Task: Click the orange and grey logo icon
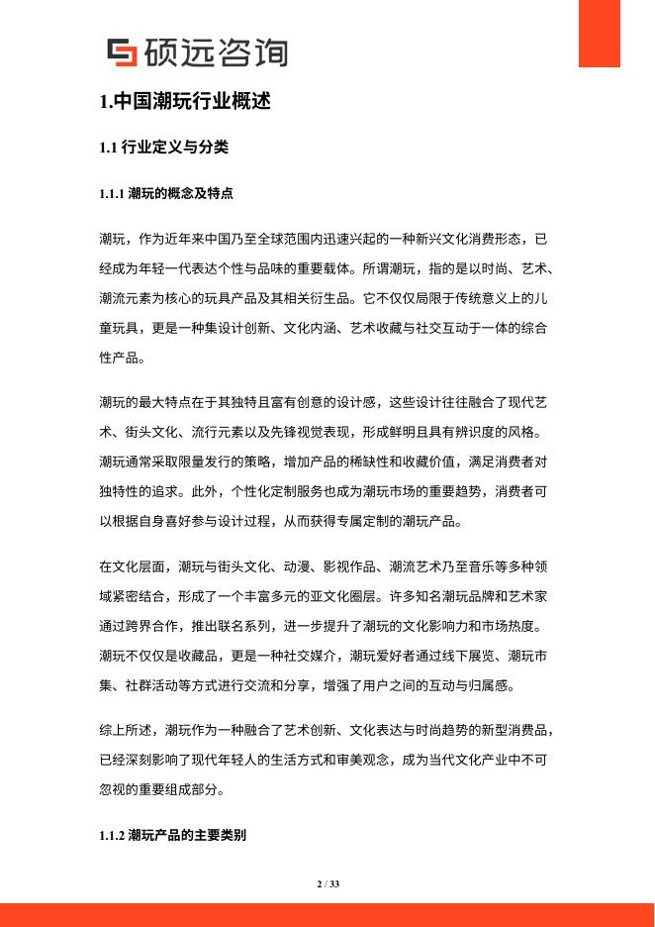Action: click(x=122, y=52)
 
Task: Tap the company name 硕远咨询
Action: click(x=216, y=51)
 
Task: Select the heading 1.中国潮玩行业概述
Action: click(x=185, y=101)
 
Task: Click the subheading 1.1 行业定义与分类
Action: click(x=164, y=148)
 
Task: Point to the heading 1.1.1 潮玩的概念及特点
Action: click(x=166, y=193)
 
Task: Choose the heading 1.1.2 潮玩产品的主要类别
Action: click(x=172, y=836)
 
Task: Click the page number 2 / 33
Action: click(x=327, y=883)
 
